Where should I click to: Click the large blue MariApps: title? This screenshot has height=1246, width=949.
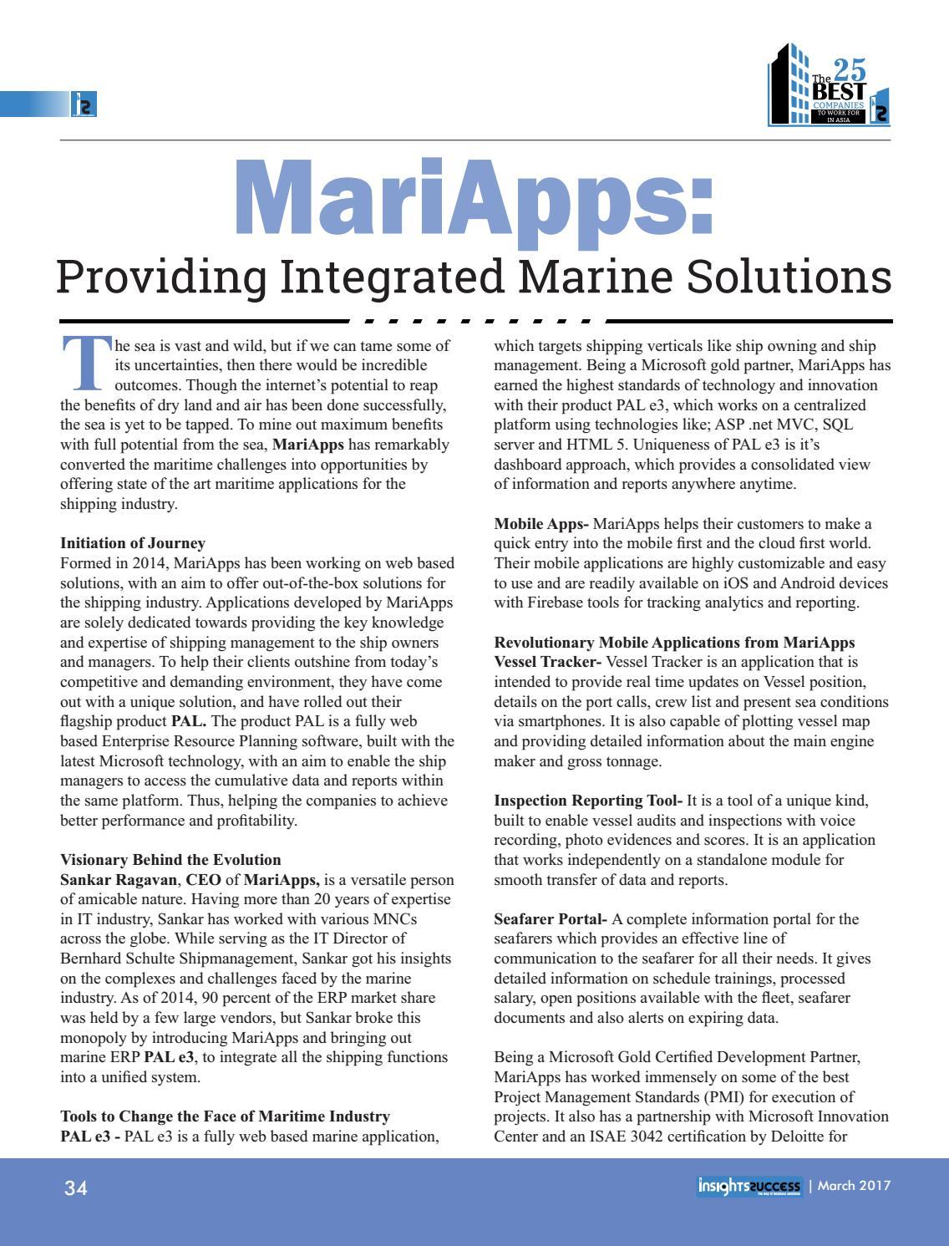(474, 199)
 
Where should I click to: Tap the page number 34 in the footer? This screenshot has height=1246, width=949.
(76, 1188)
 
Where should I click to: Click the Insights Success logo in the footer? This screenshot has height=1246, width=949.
(749, 1187)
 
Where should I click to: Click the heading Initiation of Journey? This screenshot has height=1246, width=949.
(133, 543)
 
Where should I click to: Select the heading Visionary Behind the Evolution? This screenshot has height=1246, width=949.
(170, 860)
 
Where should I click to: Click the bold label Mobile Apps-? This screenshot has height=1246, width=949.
(541, 524)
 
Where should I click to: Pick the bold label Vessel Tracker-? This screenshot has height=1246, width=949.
(548, 663)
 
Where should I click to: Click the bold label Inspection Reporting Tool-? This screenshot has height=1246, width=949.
(588, 801)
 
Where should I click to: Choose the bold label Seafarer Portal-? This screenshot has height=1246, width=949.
(551, 919)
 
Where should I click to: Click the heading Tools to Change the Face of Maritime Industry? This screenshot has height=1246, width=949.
(225, 1116)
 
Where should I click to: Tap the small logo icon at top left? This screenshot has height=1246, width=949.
(84, 104)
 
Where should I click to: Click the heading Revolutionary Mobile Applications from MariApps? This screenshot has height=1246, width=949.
(674, 643)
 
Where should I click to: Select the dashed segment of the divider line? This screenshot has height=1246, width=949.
(476, 321)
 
